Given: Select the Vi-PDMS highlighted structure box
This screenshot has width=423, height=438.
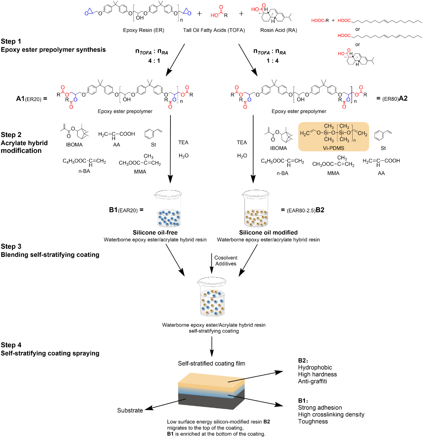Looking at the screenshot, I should tap(333, 136).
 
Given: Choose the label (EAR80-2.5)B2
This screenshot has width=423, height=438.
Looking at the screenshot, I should tap(303, 210).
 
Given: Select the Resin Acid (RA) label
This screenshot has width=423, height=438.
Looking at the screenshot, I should tap(279, 30).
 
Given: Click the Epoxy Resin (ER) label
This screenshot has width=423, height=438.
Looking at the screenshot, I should tap(143, 30).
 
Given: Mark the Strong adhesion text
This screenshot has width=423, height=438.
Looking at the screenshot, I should tap(320, 407).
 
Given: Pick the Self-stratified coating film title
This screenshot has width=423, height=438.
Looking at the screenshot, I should tap(211, 363).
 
